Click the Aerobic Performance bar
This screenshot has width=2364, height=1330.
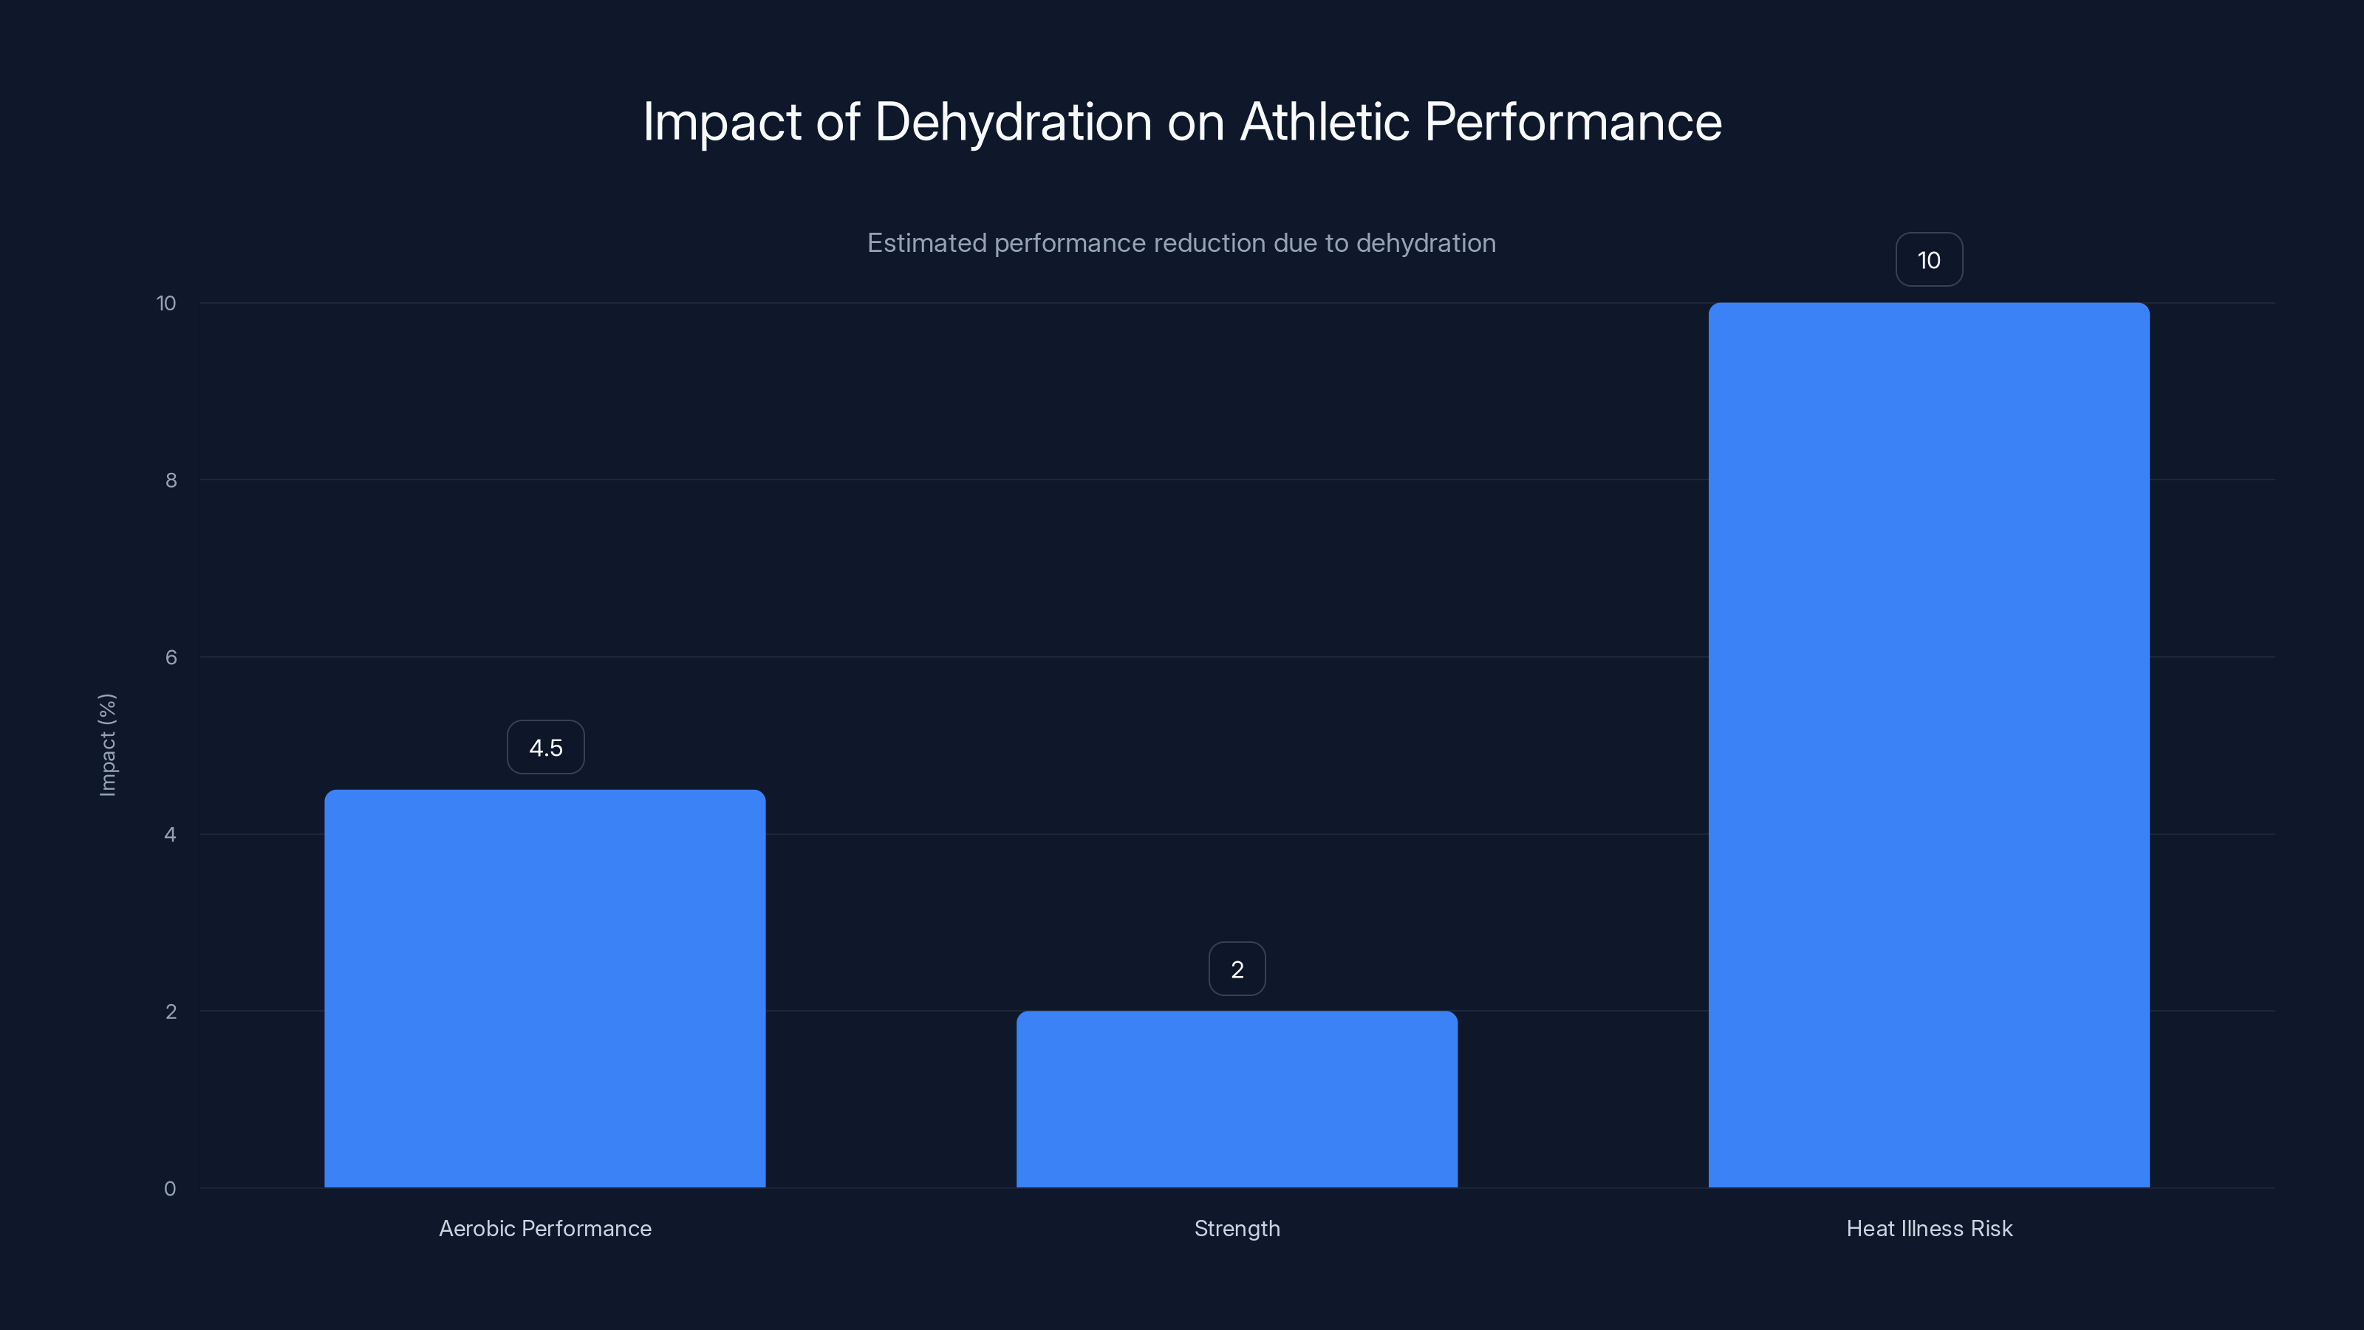(544, 989)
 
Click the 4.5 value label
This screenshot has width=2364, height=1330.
(545, 747)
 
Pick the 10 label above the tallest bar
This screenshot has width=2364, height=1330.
(1928, 260)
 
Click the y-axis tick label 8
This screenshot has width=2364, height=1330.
(171, 480)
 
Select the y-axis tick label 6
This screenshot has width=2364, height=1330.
(171, 657)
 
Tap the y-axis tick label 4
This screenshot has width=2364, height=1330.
(170, 834)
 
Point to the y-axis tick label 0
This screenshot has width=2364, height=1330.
(170, 1189)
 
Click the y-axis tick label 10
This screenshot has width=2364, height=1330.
(166, 303)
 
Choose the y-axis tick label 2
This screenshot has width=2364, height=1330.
(171, 1012)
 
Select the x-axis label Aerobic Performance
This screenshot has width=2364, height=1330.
(544, 1228)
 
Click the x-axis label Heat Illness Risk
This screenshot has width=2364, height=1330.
(1928, 1228)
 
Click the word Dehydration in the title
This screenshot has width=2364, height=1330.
(1012, 122)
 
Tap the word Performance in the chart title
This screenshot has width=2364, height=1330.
(1572, 122)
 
